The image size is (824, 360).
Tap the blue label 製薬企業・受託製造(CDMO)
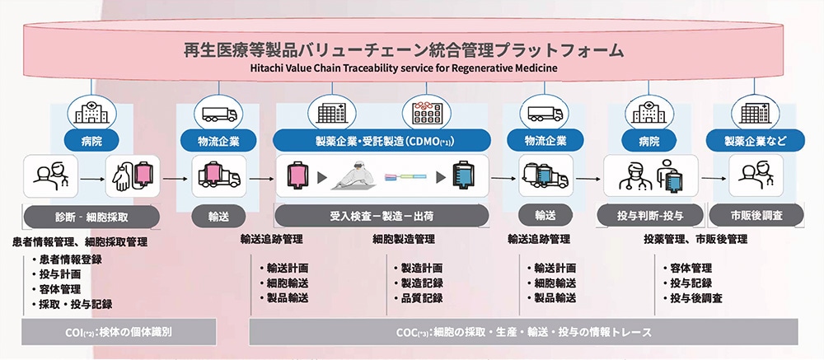tap(382, 140)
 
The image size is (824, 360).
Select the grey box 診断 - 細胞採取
tap(92, 217)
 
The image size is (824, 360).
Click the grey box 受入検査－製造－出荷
tap(382, 216)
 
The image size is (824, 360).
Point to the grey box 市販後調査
tap(756, 215)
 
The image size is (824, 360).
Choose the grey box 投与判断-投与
tap(651, 215)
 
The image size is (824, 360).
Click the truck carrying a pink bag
tap(218, 175)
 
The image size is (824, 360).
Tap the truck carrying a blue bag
tap(545, 175)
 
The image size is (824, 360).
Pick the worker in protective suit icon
tap(353, 176)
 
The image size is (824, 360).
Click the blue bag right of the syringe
tap(463, 175)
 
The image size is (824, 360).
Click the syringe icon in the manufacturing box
tap(405, 178)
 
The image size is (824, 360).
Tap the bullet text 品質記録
tap(419, 298)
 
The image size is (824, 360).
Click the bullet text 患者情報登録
tap(67, 259)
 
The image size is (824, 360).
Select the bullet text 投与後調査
tap(693, 298)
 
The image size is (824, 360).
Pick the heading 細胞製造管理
tap(404, 239)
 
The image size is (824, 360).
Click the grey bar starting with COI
tap(119, 332)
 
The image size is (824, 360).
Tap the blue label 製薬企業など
tap(755, 140)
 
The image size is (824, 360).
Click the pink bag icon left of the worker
tap(297, 176)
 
